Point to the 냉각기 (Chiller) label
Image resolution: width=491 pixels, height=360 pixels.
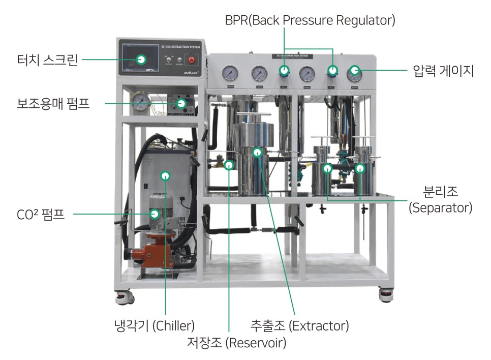click(x=154, y=324)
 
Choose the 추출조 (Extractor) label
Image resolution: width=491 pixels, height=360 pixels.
click(x=299, y=324)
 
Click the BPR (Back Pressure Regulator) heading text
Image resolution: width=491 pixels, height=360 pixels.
click(x=310, y=20)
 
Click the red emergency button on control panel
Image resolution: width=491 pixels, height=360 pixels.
click(x=192, y=59)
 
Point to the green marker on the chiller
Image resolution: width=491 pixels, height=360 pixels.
click(x=165, y=176)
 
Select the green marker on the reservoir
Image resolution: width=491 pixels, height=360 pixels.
click(x=229, y=164)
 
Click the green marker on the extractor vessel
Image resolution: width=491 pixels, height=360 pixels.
click(x=258, y=152)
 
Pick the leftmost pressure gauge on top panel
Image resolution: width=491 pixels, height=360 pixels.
click(x=231, y=74)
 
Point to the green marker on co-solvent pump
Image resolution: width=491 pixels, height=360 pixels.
click(x=181, y=104)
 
